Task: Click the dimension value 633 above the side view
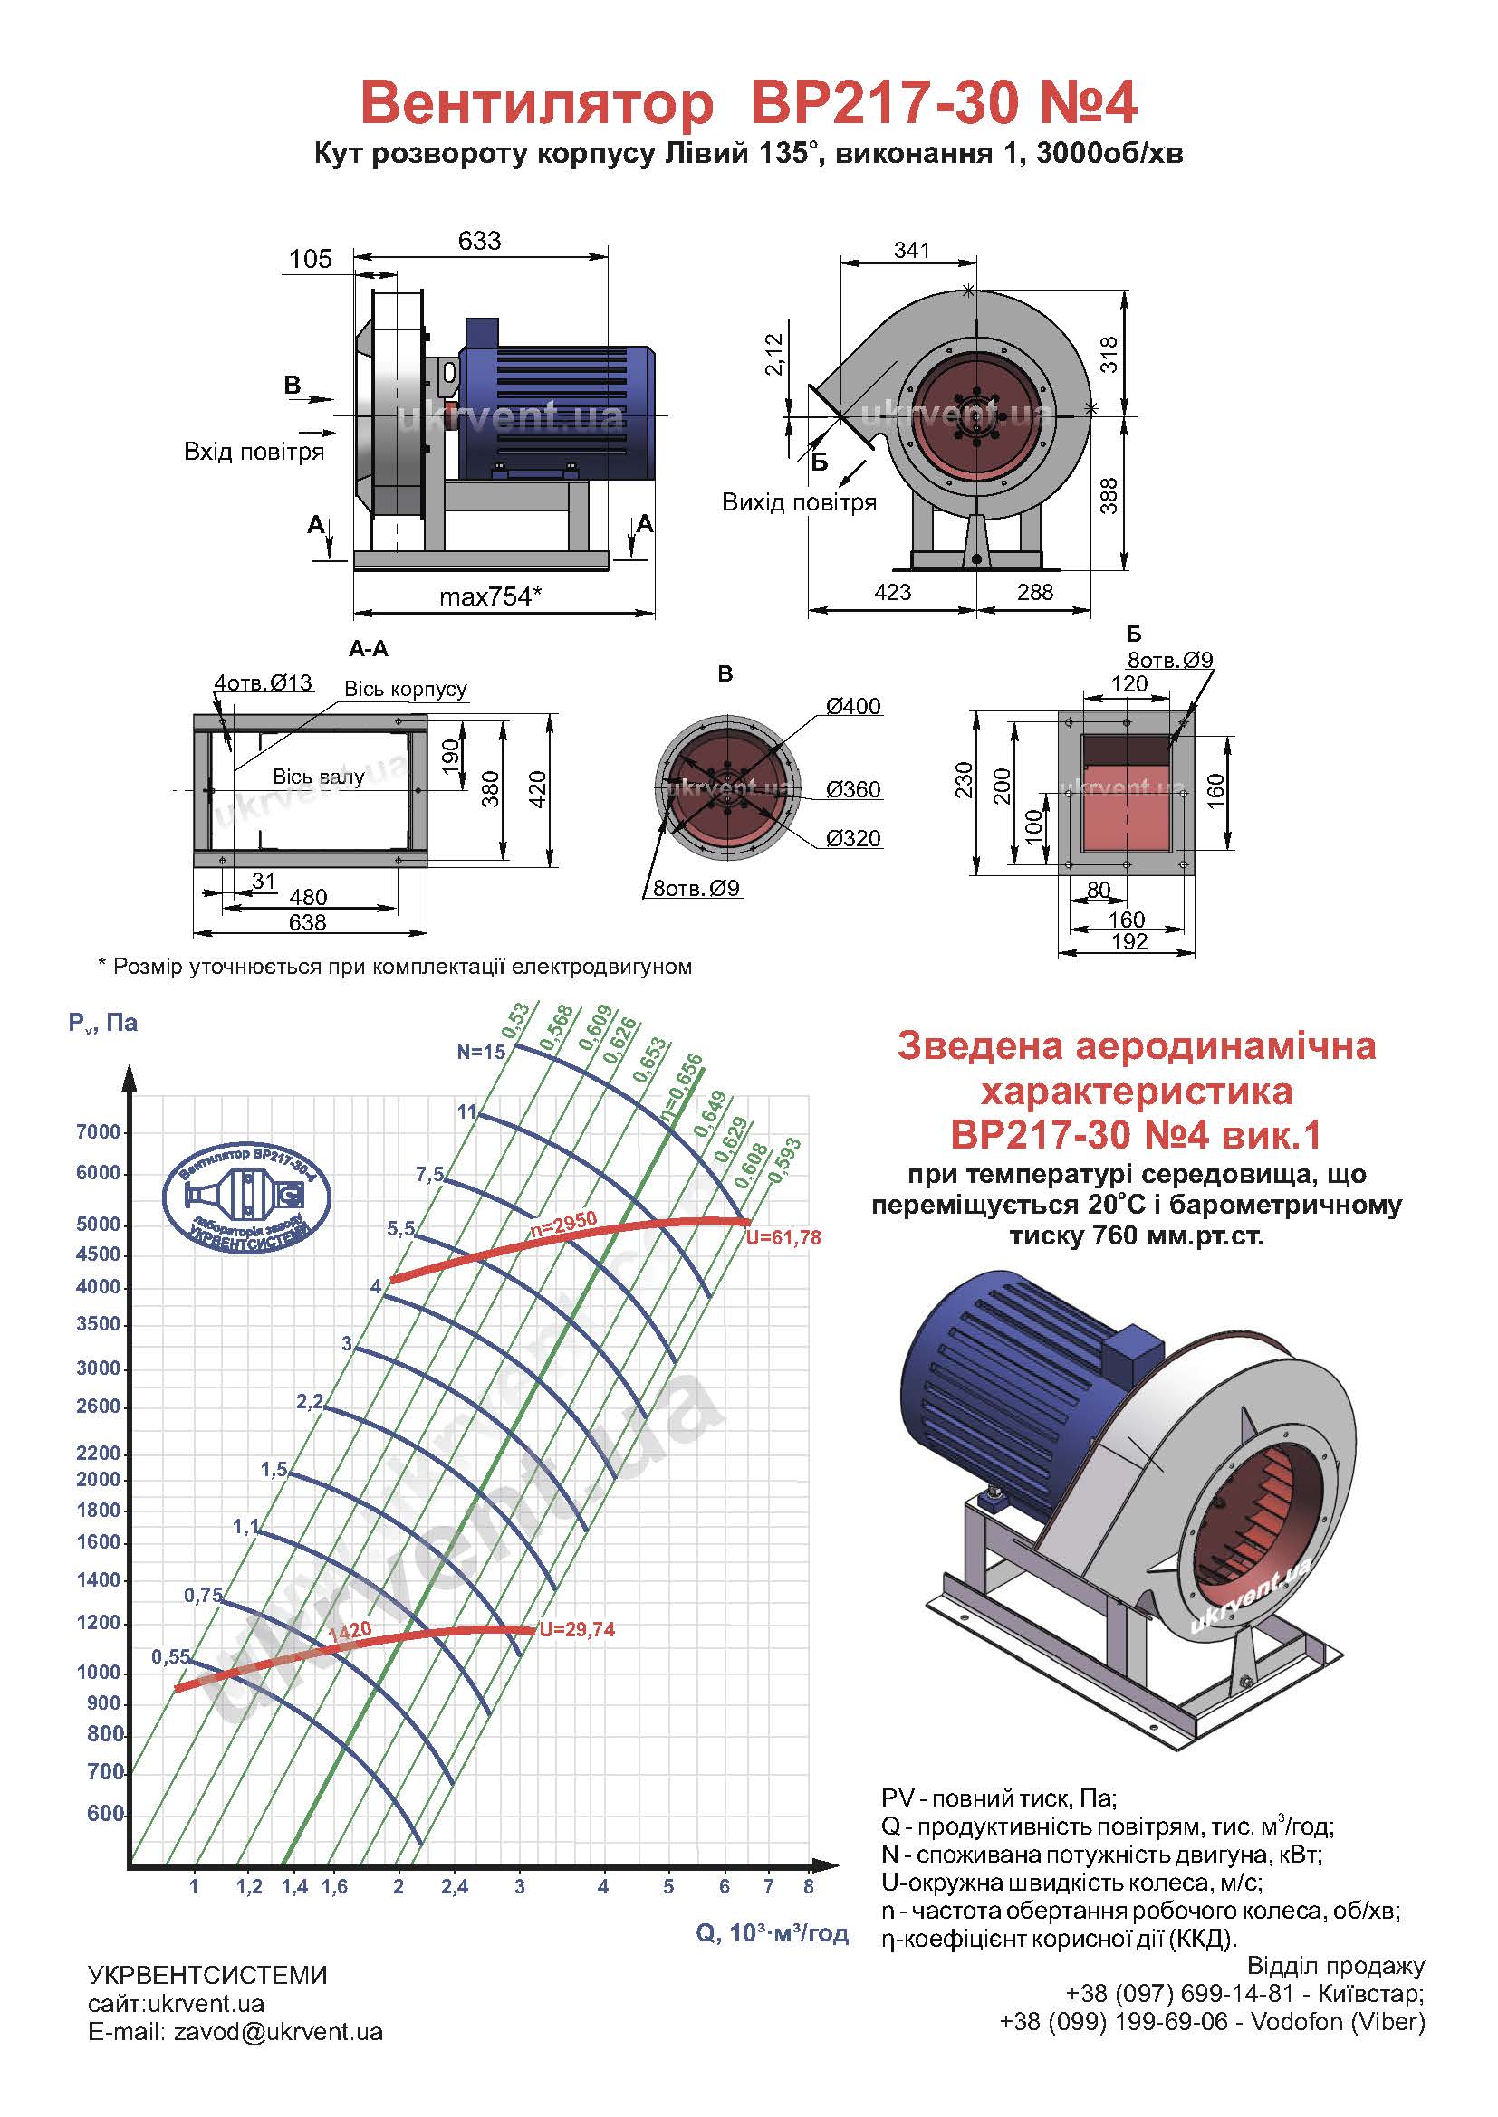pos(479,241)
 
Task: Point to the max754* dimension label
pos(490,596)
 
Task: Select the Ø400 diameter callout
pos(853,706)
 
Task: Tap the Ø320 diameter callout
pos(853,838)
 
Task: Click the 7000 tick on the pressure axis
pos(98,1132)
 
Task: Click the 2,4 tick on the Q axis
pos(455,1886)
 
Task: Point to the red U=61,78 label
pos(783,1237)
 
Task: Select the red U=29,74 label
pos(578,1629)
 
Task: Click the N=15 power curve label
pos(482,1051)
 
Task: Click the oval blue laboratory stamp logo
pos(246,1197)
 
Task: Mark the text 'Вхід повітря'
pos(254,452)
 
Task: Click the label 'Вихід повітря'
pos(799,502)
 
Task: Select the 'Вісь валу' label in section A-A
pos(318,777)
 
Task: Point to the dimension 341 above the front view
pos(911,250)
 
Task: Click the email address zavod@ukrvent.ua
pos(278,2032)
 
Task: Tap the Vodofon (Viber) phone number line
pos(1212,2022)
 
